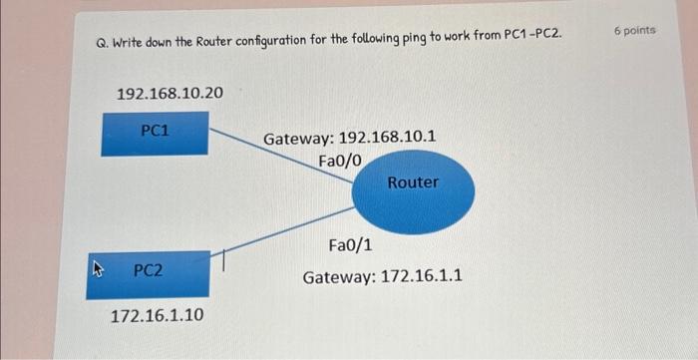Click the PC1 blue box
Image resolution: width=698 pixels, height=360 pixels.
click(155, 134)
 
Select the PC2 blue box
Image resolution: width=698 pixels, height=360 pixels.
click(155, 273)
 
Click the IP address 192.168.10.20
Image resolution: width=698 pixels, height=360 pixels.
click(170, 93)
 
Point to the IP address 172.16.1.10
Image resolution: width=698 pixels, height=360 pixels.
click(157, 315)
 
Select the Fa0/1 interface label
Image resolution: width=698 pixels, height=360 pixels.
click(350, 244)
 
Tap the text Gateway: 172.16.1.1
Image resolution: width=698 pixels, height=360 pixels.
click(382, 275)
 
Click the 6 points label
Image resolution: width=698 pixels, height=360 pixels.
click(634, 31)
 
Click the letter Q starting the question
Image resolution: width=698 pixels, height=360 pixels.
click(100, 43)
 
